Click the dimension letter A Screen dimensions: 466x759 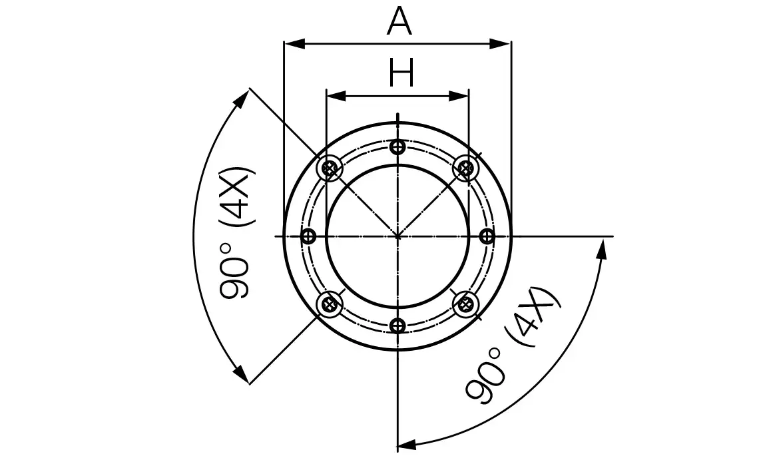click(x=399, y=22)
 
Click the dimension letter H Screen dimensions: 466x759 click(x=401, y=73)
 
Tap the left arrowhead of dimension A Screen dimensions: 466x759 click(x=294, y=44)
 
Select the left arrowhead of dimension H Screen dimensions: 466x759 click(x=336, y=96)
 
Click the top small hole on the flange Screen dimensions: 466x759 click(x=397, y=147)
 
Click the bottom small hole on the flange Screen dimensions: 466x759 click(x=397, y=326)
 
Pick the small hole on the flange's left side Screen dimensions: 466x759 click(x=308, y=236)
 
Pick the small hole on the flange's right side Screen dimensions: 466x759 click(x=487, y=236)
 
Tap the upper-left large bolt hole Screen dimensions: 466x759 click(x=329, y=168)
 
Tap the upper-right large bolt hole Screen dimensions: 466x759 click(x=465, y=168)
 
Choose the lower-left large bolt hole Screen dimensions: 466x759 click(x=329, y=305)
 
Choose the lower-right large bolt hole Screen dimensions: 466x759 click(x=465, y=305)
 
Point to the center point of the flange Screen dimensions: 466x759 click(x=397, y=236)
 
